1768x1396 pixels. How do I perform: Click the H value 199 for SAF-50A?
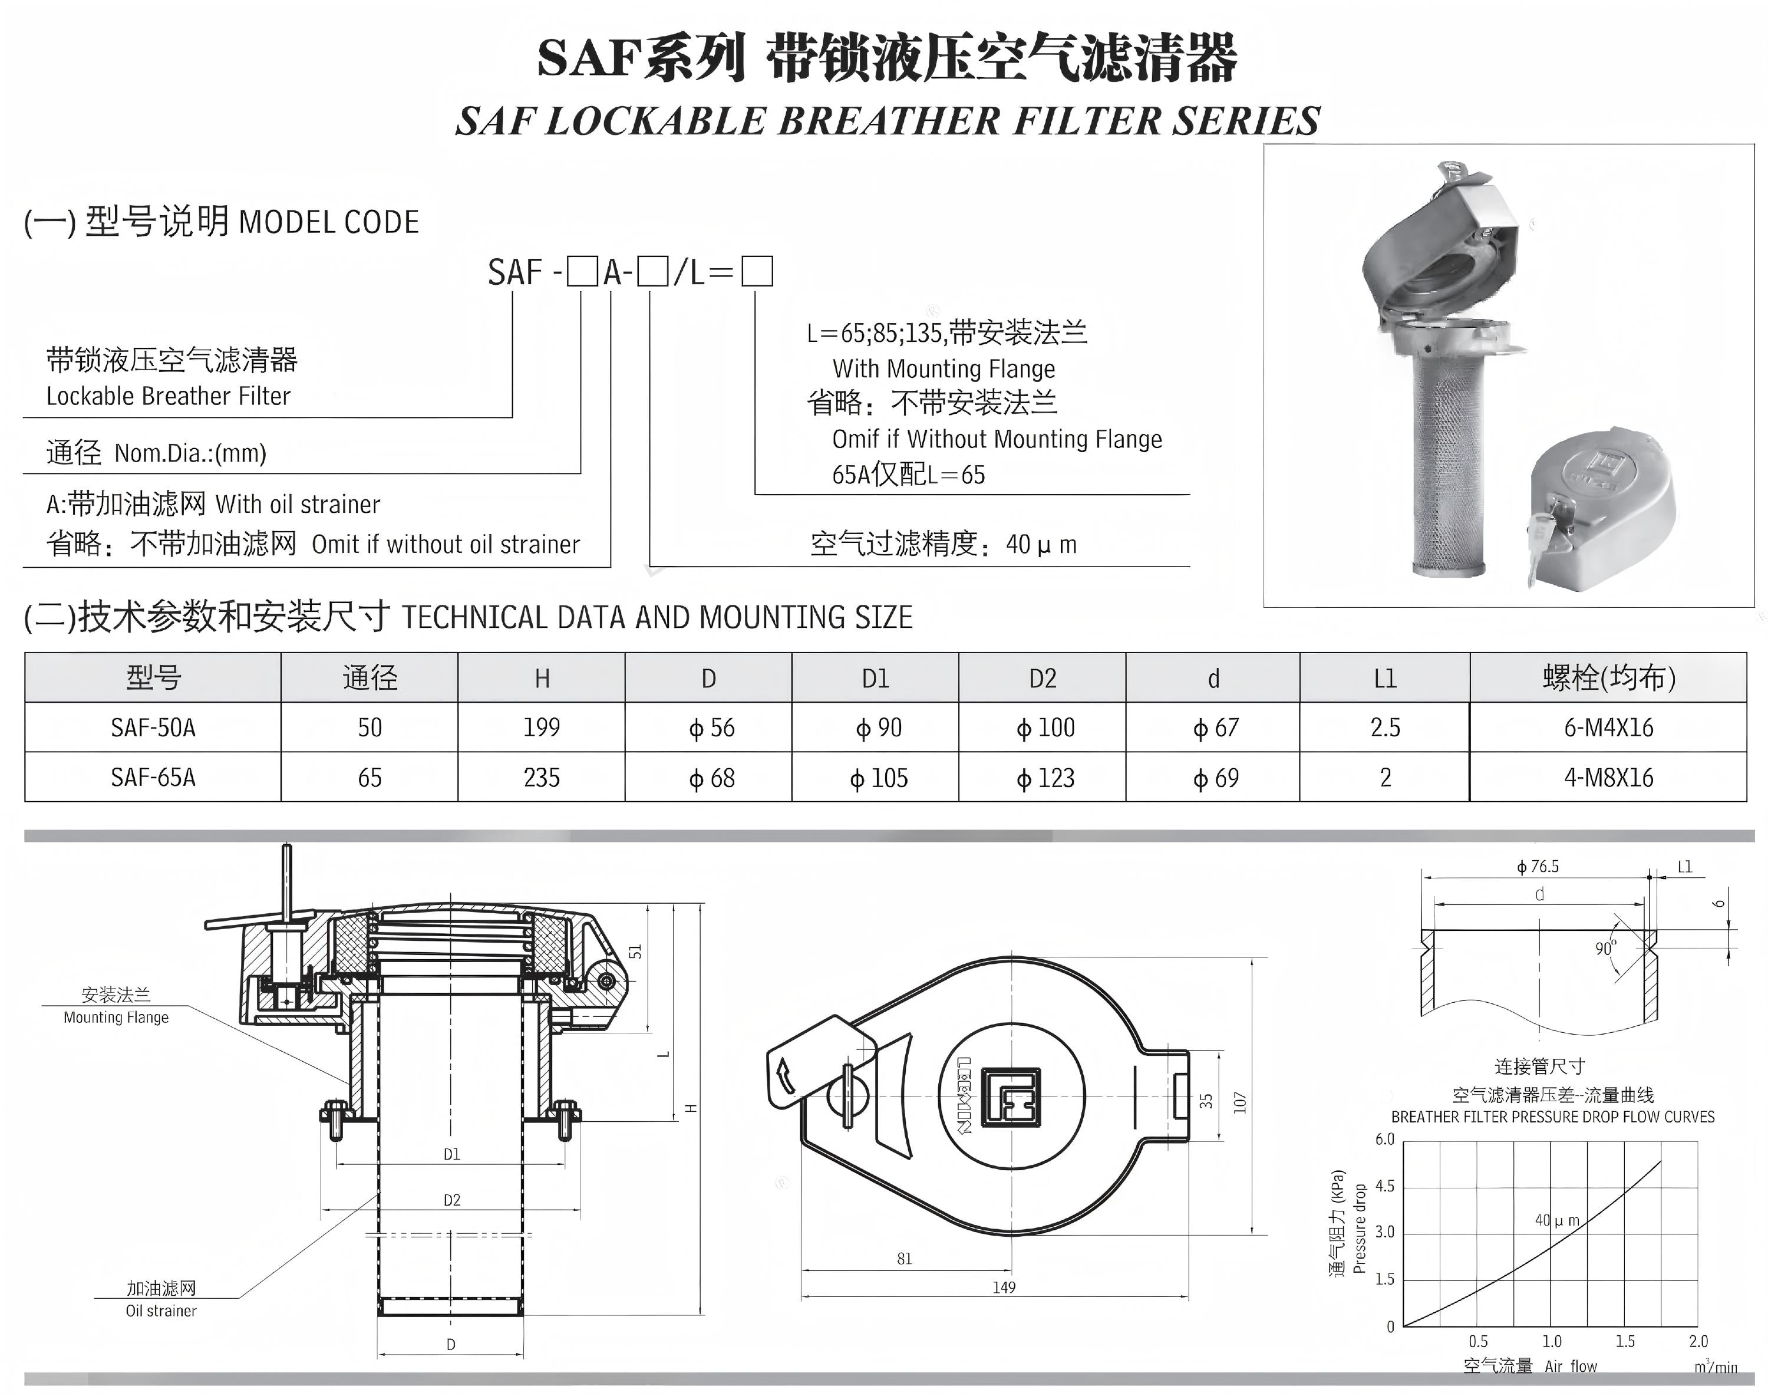(542, 727)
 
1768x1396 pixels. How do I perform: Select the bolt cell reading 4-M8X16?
(1608, 777)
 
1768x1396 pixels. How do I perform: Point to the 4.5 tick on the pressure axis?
(1385, 1186)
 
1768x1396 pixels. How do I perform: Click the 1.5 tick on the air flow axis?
(1625, 1341)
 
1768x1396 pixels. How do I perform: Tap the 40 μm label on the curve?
(1557, 1220)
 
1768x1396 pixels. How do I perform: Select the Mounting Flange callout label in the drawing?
(116, 1018)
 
